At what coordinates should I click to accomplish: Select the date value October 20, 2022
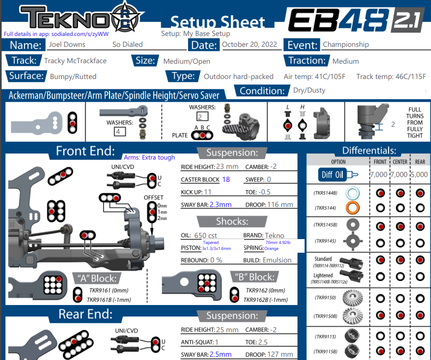(250, 45)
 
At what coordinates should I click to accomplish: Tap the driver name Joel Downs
(67, 45)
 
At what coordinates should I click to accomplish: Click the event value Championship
(345, 45)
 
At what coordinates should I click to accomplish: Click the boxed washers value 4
(117, 131)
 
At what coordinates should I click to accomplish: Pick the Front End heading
(85, 151)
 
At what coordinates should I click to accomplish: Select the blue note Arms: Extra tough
(149, 157)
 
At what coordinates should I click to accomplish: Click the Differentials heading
(369, 150)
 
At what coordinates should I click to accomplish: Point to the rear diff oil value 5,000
(420, 175)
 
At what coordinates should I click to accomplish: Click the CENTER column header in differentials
(400, 162)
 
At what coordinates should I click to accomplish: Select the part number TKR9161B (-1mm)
(111, 299)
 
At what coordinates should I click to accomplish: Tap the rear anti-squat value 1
(216, 342)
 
